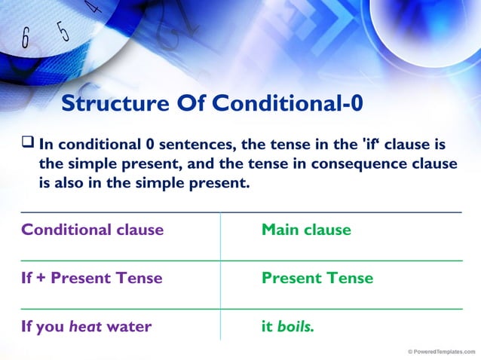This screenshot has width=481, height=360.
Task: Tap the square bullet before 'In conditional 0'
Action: [28, 142]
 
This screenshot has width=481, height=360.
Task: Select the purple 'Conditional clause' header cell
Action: [92, 230]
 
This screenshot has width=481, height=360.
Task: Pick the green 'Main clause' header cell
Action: [305, 230]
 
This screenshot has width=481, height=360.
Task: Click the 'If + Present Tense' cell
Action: [91, 278]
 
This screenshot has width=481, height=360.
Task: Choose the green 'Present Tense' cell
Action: [317, 278]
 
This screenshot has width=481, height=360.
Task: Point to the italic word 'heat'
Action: [85, 326]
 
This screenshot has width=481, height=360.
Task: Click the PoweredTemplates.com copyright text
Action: [441, 352]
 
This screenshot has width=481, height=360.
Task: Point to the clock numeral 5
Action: [63, 31]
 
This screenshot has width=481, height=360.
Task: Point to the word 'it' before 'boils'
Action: [267, 326]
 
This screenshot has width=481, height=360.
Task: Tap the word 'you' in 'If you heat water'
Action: [51, 327]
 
